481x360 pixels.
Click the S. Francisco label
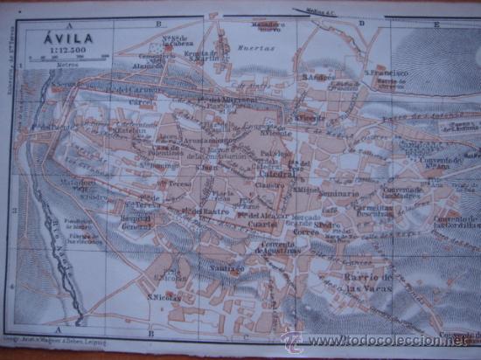pyautogui.click(x=387, y=72)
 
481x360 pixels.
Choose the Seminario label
pyautogui.click(x=338, y=192)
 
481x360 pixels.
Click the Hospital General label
pyautogui.click(x=137, y=221)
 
